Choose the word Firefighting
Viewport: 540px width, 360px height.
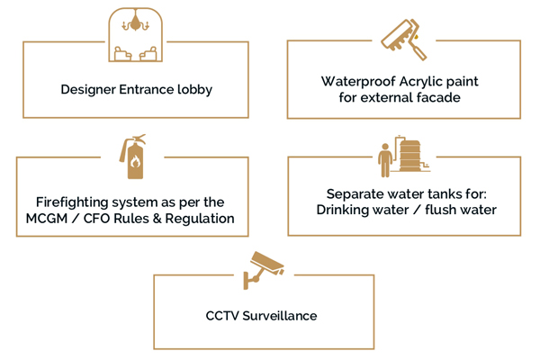point(76,202)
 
